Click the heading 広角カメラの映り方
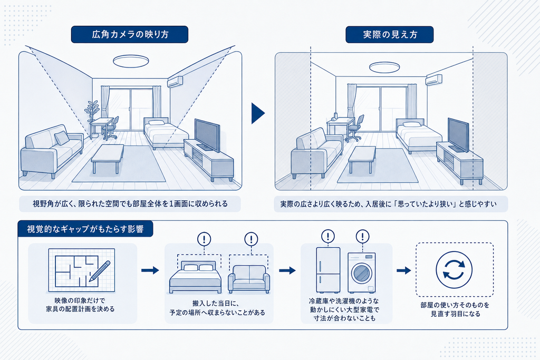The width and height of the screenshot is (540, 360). tap(130, 34)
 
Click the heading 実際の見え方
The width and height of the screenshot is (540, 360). tap(390, 34)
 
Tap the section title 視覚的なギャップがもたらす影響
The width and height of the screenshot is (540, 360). tap(85, 229)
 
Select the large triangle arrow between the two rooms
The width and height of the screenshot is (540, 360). tap(258, 113)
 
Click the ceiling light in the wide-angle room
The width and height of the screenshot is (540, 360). tap(131, 61)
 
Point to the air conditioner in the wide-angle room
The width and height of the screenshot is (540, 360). tap(176, 82)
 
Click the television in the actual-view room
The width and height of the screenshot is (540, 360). tap(458, 135)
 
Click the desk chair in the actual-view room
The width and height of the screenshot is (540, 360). tap(355, 129)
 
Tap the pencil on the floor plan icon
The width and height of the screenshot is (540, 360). tap(100, 271)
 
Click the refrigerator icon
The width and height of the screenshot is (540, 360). tap(328, 270)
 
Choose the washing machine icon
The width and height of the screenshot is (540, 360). tap(362, 273)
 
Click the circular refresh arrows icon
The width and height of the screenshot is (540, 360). tap(454, 269)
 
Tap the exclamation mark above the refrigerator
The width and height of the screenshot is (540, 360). tap(328, 237)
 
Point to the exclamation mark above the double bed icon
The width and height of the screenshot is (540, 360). tap(204, 239)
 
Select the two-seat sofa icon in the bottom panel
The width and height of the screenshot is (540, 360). tap(249, 279)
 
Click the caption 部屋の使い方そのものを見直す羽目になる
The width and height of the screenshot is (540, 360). tap(455, 309)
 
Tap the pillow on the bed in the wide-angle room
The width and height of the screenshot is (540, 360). tap(156, 122)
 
